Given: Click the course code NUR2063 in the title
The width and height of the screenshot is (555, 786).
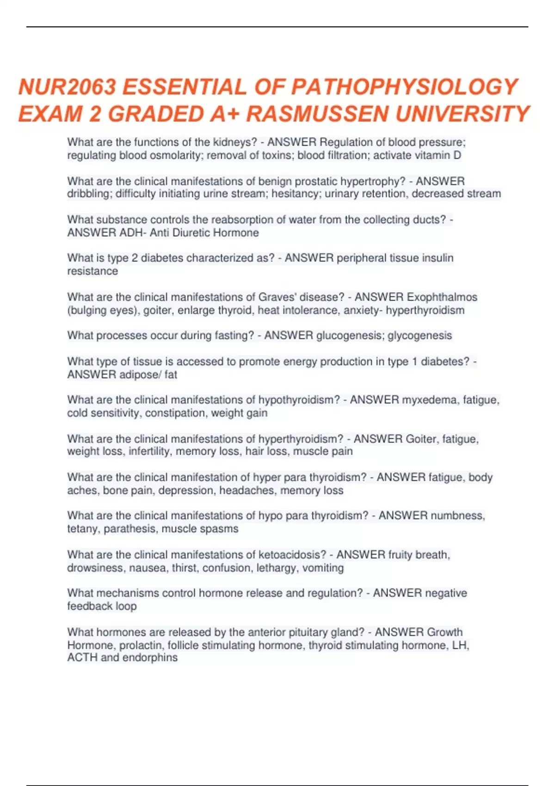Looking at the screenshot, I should pyautogui.click(x=68, y=87).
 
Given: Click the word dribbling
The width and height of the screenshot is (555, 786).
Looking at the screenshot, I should pyautogui.click(x=87, y=194).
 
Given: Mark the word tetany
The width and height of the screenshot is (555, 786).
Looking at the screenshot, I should pyautogui.click(x=82, y=529).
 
